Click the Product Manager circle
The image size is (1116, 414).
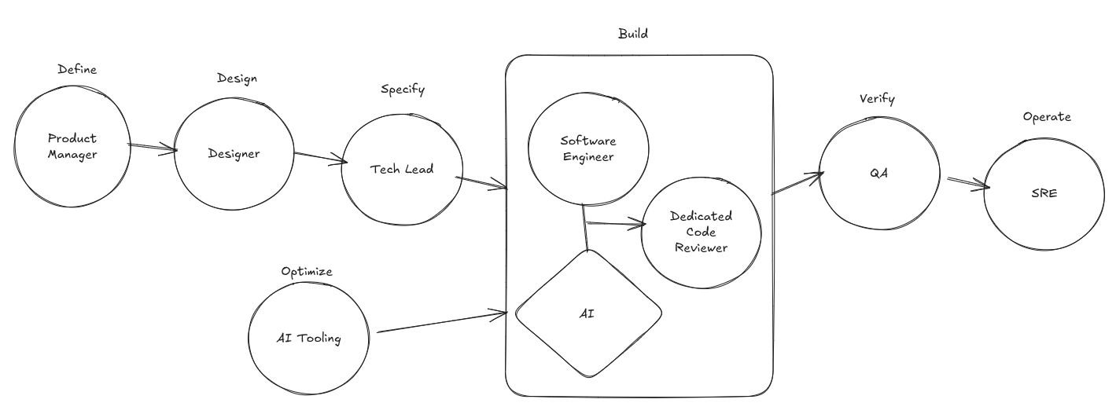pos(72,148)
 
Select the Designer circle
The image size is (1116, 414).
pos(234,154)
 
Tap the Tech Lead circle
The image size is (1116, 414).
pos(401,170)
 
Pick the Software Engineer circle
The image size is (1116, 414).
pos(588,148)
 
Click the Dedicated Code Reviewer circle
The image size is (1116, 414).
pos(701,232)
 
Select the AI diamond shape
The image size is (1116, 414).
pos(588,313)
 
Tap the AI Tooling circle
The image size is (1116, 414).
pos(308,339)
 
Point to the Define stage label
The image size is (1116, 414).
pos(77,70)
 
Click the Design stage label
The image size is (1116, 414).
pos(237,79)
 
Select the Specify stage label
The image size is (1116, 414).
pos(402,90)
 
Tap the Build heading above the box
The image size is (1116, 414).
pos(633,34)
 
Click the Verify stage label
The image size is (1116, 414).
pos(877,99)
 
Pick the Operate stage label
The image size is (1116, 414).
pos(1046,117)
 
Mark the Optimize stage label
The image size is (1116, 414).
pos(307,272)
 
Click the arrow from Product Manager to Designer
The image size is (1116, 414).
pos(153,148)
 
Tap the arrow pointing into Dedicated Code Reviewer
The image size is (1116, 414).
pos(616,225)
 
